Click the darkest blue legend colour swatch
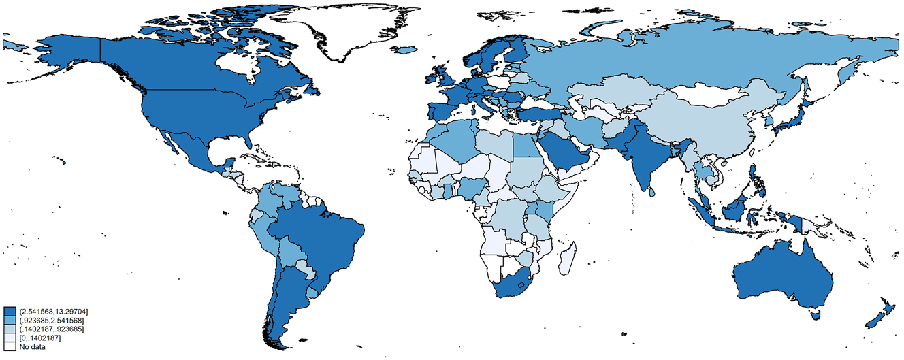[x=9, y=311]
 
